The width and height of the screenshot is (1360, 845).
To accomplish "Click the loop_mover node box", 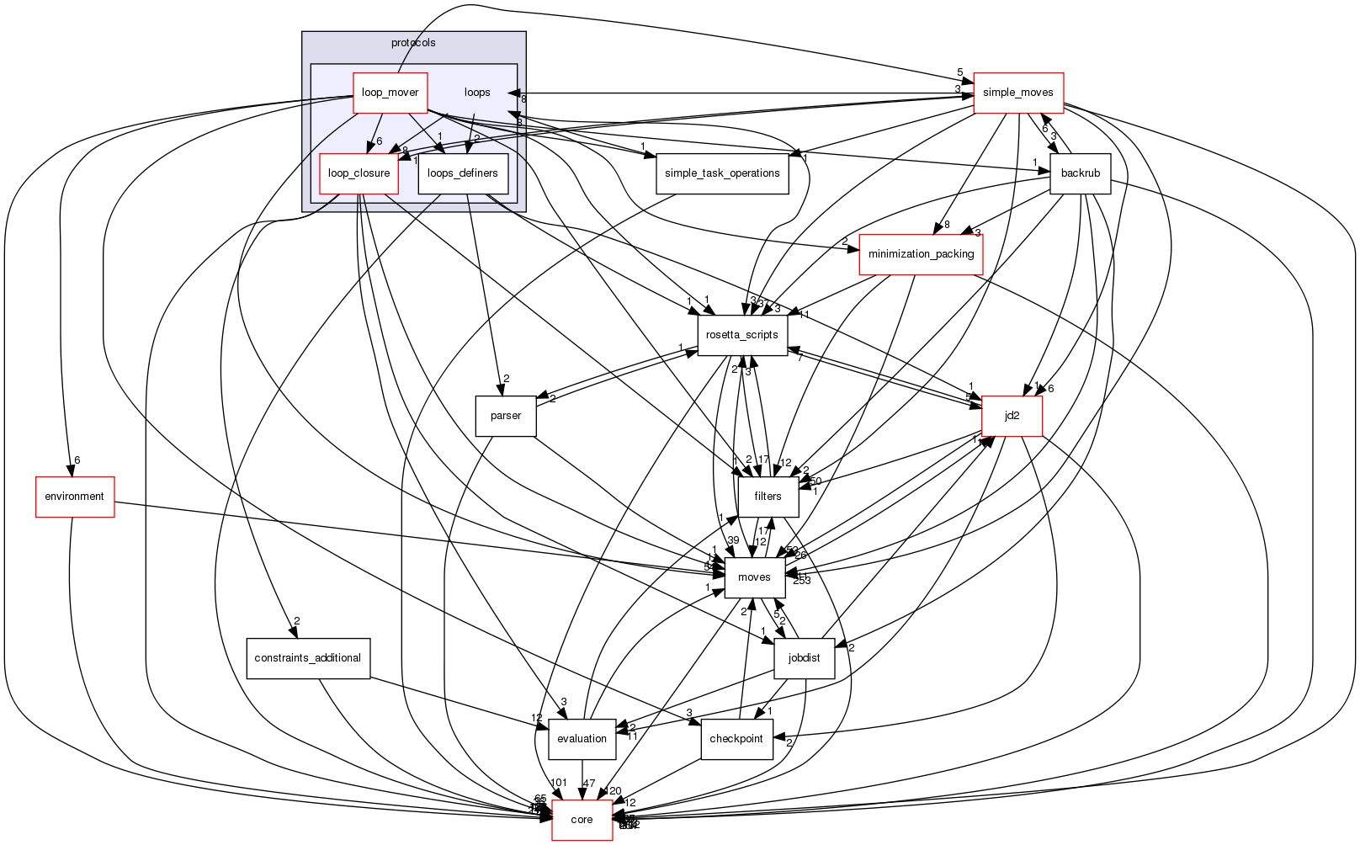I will (390, 93).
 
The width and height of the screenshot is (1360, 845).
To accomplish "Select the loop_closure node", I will (359, 173).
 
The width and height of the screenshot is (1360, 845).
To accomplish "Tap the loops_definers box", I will (463, 173).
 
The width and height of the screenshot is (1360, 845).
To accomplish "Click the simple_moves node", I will (1017, 93).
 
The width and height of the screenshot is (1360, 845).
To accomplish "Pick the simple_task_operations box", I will (722, 173).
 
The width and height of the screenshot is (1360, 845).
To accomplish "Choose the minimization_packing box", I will (921, 254).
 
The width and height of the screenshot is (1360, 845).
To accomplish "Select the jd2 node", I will (1012, 416).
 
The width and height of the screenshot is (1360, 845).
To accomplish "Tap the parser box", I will (506, 416).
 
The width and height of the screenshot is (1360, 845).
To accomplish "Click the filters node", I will (768, 497).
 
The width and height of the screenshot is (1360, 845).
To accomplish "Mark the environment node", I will (74, 497).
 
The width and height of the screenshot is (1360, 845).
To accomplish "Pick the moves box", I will (754, 577).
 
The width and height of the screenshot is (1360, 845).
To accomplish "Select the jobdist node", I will (804, 658).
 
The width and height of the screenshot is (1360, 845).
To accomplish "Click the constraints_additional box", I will (308, 658).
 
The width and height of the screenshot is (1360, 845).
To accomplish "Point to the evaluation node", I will (582, 739).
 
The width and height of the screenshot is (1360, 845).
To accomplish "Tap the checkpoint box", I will (736, 739).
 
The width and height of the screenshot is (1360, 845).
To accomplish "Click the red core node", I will (582, 820).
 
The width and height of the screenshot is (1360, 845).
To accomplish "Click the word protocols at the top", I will (413, 43).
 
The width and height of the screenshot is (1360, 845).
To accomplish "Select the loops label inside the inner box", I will (477, 93).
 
